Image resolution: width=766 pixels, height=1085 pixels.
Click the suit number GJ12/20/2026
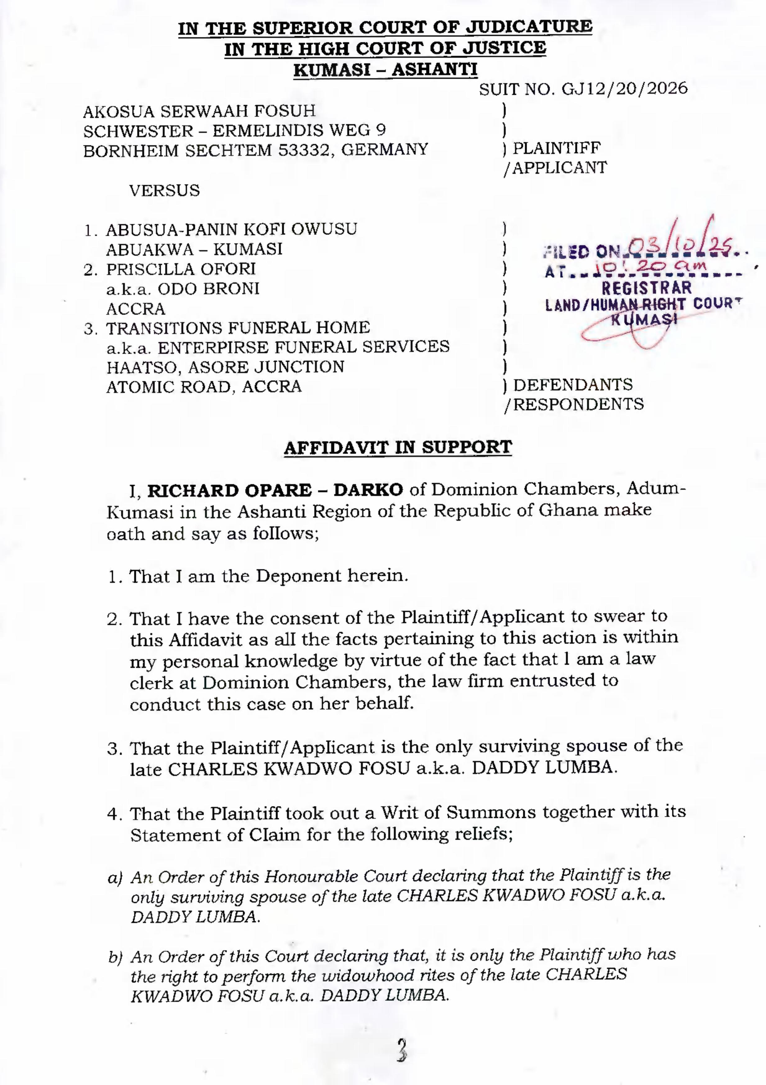pyautogui.click(x=624, y=88)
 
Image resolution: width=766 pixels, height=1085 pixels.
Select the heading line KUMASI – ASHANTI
pyautogui.click(x=385, y=70)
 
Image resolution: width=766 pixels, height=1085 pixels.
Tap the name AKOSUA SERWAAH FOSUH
pyautogui.click(x=199, y=111)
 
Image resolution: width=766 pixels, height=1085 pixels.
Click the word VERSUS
pyautogui.click(x=165, y=191)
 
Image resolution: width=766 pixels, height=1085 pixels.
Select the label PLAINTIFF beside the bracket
pyautogui.click(x=557, y=148)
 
